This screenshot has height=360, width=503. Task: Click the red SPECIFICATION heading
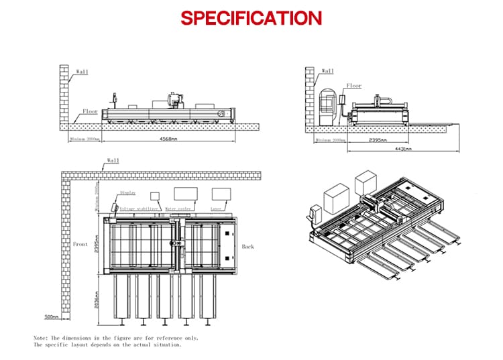(251, 17)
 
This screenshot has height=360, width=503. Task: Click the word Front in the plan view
(80, 245)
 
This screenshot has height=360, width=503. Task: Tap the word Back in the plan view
(248, 247)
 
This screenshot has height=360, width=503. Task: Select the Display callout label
(127, 192)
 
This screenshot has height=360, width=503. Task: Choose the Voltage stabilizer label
(139, 208)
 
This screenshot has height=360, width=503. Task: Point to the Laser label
(216, 208)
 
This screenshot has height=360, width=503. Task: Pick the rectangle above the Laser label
(221, 194)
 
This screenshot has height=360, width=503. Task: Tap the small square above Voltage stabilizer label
(155, 196)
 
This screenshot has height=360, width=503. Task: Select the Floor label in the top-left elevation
(90, 111)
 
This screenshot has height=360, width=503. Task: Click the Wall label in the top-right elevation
(328, 70)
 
